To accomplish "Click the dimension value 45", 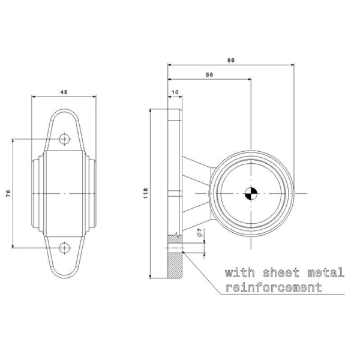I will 64,91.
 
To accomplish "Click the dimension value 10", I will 175,92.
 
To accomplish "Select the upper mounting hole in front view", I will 65,139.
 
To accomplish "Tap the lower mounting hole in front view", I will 65,247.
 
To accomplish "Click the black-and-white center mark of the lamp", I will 251,193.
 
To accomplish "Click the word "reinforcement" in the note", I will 273,288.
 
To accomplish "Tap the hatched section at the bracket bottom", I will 176,262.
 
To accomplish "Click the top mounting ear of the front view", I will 65,129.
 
